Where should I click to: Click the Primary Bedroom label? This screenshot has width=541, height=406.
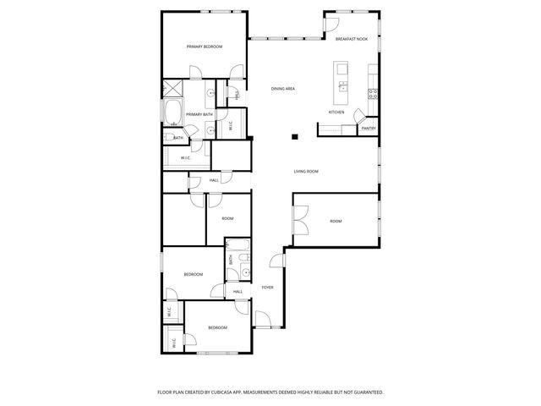point(204,47)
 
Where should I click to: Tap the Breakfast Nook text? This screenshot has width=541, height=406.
point(351,39)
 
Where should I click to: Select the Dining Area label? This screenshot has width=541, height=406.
point(283,89)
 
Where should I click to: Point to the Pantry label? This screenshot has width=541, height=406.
point(369,128)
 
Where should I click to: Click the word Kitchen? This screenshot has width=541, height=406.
point(336,112)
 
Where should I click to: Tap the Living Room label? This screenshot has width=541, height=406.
point(306,172)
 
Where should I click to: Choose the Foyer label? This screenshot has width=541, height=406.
point(267,288)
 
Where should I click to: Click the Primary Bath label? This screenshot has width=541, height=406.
point(199,114)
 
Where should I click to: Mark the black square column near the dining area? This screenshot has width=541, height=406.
point(294,137)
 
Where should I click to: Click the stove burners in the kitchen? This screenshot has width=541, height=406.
point(372,93)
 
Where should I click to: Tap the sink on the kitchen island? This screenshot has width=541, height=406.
point(342,86)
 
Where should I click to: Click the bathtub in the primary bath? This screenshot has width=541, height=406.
point(172,112)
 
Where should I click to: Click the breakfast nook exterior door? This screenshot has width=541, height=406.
point(331,24)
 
